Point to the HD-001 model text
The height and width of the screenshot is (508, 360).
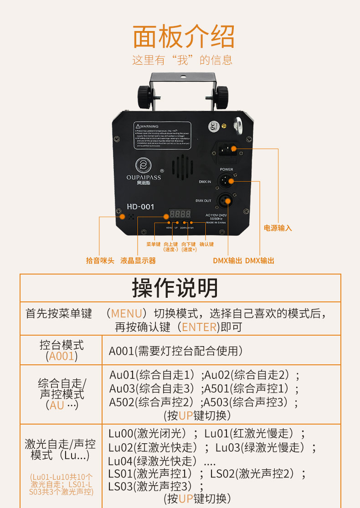point(140,207)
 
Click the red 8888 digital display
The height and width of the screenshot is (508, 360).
point(180,213)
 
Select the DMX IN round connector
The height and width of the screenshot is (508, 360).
point(226,181)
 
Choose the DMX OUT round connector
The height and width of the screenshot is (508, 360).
point(226,200)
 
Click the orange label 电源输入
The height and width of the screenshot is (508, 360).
point(278,228)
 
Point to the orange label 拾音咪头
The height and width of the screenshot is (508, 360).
point(100,260)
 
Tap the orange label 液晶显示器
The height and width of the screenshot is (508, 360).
point(138,260)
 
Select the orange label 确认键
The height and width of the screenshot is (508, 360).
point(206,244)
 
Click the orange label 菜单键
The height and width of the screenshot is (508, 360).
point(154,244)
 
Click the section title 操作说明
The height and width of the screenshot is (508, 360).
point(175,288)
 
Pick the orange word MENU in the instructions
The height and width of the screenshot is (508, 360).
point(126,314)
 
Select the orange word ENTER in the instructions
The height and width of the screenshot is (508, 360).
point(199,327)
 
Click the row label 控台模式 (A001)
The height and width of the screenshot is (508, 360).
point(62,350)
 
